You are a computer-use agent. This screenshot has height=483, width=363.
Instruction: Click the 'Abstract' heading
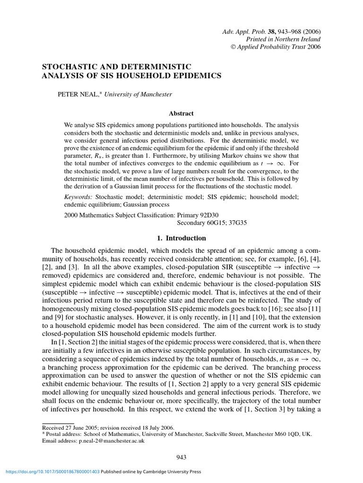point(181,113)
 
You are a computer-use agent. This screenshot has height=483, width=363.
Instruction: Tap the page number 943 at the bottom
point(181,457)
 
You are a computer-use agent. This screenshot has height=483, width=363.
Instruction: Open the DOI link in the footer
point(52,471)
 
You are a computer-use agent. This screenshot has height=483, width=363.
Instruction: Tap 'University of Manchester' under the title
point(138,94)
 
